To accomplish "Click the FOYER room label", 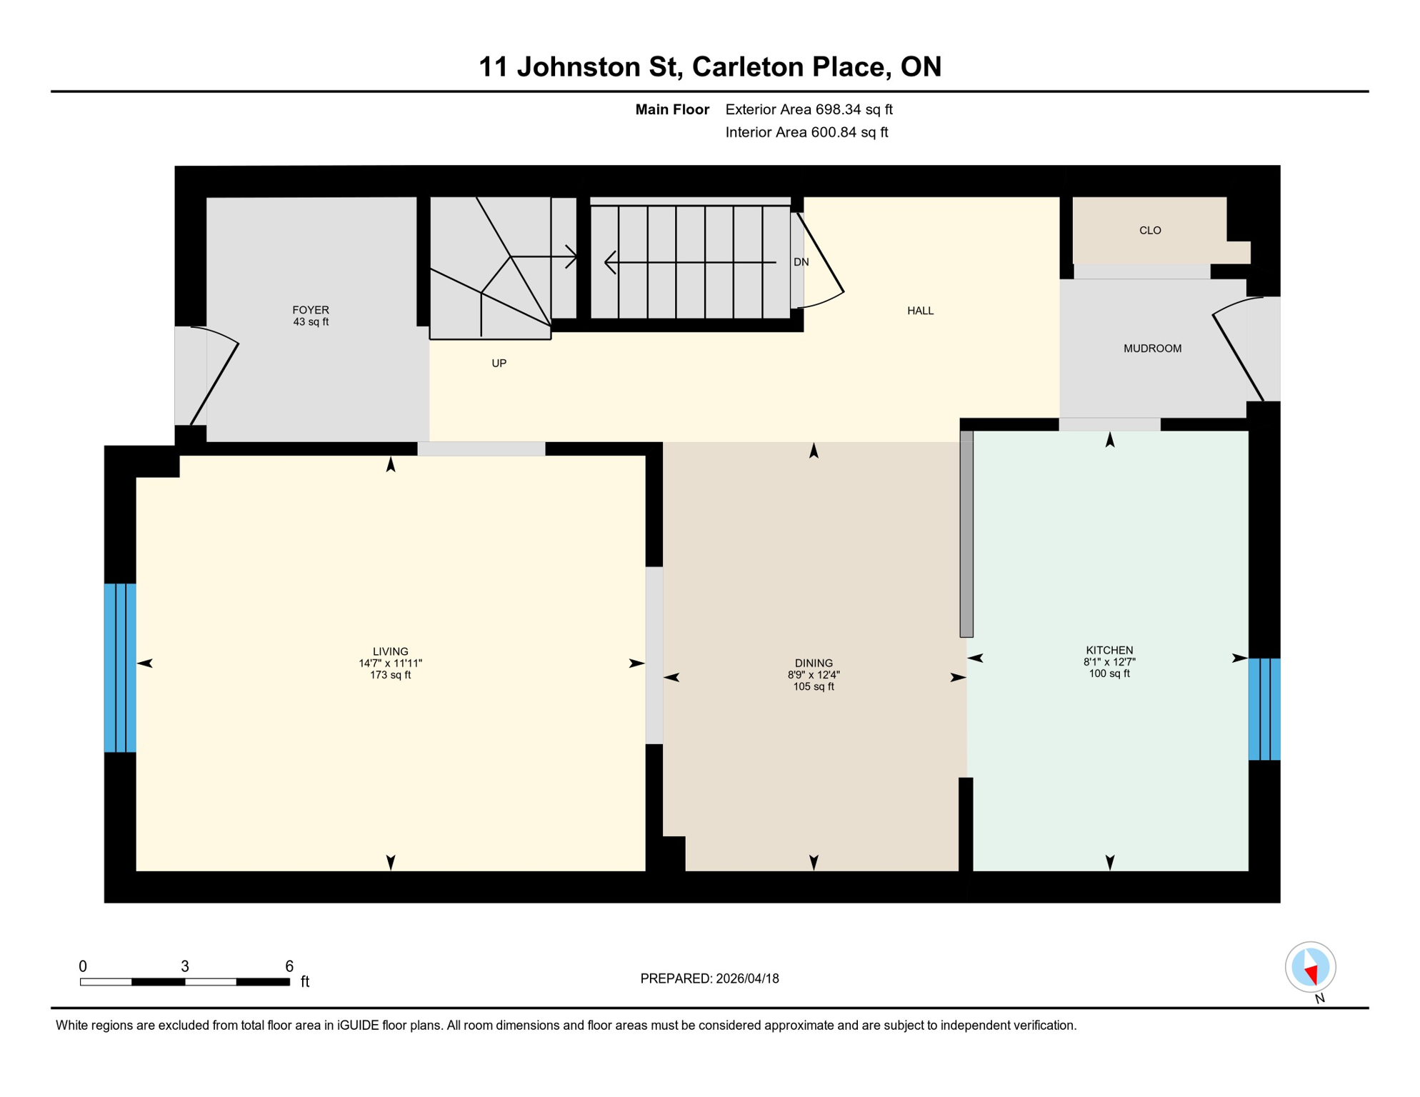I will pos(310,310).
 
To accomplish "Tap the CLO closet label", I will pos(1149,231).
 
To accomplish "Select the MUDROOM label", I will pos(1151,349).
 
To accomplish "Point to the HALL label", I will pos(920,311).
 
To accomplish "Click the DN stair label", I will pos(801,262).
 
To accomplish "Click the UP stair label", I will pos(499,364).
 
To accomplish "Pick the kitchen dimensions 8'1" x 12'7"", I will pos(1109,662).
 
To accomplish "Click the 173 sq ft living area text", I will pos(390,675).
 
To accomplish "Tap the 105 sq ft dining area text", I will pos(813,687).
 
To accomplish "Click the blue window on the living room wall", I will pos(120,668).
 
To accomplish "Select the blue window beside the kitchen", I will pos(1264,709).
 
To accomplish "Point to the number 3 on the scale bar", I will pos(184,966).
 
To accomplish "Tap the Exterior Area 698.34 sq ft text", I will pos(809,109).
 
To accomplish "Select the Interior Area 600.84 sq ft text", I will pos(806,132).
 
